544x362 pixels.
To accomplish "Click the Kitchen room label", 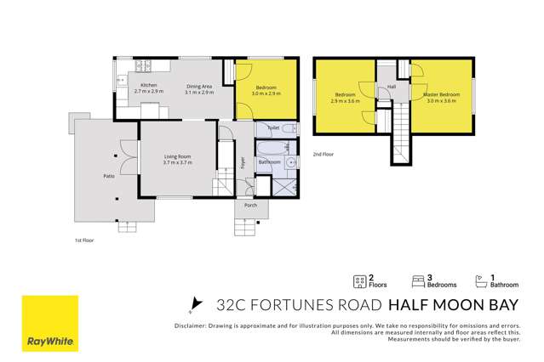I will click(x=149, y=86).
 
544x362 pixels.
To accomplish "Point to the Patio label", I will click(x=110, y=175).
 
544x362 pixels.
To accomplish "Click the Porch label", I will click(x=250, y=205).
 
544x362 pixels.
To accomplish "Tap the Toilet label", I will click(x=273, y=127).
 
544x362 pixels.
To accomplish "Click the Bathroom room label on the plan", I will click(x=270, y=161).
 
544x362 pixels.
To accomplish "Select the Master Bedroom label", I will click(x=441, y=93).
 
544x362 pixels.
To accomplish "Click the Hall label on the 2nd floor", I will click(x=392, y=88).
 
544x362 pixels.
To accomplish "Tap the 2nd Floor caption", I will click(x=323, y=154).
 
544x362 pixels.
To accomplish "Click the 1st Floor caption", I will click(x=84, y=240).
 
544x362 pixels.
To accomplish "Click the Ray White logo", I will click(x=49, y=324).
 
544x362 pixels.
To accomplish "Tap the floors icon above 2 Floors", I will click(x=359, y=280).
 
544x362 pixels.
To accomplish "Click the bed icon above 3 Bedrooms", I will click(x=418, y=280).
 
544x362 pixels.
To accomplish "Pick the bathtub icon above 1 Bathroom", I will click(x=479, y=280).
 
